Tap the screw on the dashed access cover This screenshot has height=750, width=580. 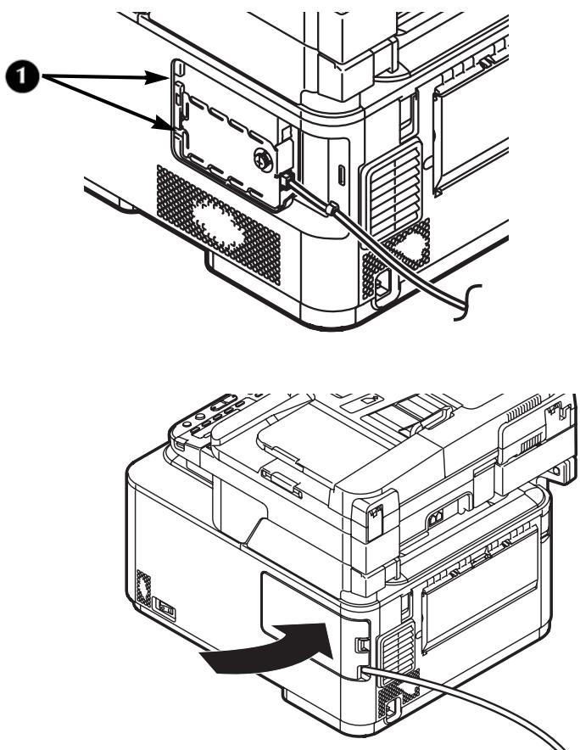click(x=264, y=158)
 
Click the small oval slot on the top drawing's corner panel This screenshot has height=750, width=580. click(x=341, y=176)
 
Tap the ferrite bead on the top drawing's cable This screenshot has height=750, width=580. click(x=332, y=207)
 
